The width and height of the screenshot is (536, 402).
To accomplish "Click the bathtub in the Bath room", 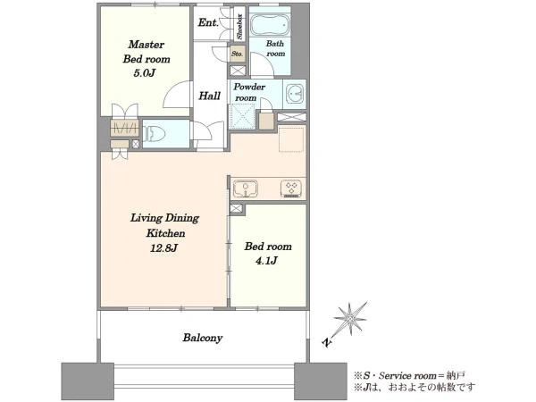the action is pos(270,25).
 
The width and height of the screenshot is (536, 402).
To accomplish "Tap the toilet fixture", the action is pos(154,133).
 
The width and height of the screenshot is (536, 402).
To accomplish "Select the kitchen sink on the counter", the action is pos(246,189).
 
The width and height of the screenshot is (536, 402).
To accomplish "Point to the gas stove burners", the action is pos(291,188).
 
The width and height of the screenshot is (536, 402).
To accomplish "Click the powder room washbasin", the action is pos(295,93).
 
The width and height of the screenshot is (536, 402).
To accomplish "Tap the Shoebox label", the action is pos(239,26).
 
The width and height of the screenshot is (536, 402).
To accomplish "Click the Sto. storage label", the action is pos(238,54).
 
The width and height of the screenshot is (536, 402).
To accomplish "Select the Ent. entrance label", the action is pos(208,23).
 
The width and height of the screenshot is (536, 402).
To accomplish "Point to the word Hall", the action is pos(210,96).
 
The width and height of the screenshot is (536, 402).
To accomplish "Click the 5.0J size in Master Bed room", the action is pos(145,73).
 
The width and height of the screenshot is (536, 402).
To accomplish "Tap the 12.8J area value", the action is pos(164,247).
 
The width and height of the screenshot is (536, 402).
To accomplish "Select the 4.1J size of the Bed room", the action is pos(266,261).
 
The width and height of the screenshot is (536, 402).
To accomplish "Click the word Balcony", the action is pos(203,338).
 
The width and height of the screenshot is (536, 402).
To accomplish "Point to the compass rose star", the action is pos(350,319).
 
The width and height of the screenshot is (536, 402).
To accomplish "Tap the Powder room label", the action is pos(249,92).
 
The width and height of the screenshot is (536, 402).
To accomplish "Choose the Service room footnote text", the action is pos(409,376).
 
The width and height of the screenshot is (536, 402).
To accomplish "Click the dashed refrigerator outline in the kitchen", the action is pos(291,139).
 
